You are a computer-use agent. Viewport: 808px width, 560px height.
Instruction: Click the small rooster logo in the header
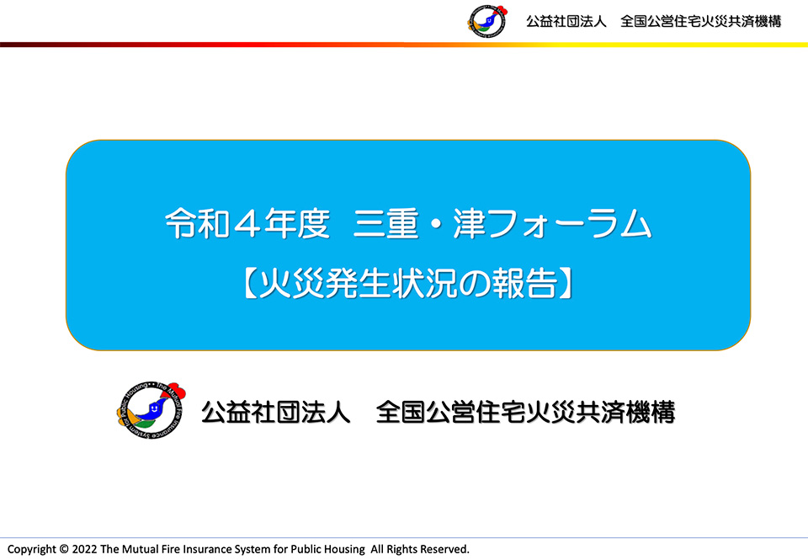click(x=487, y=21)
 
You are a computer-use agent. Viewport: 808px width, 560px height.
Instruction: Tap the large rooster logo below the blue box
click(x=151, y=410)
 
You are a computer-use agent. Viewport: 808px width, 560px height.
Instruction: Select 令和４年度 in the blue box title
click(x=247, y=223)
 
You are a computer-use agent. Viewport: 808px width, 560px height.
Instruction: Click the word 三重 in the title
click(x=385, y=223)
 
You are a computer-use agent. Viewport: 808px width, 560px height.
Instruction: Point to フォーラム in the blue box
click(x=570, y=223)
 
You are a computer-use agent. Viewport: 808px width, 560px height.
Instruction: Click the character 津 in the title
click(x=470, y=223)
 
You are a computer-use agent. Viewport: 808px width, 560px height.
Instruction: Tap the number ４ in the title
click(x=247, y=223)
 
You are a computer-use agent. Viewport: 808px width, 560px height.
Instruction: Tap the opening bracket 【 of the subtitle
click(x=250, y=283)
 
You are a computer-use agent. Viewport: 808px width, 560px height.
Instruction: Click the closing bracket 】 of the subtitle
click(x=566, y=283)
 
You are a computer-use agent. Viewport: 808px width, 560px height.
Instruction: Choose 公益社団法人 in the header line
click(x=566, y=22)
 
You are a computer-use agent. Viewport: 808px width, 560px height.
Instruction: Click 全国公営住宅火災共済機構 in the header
click(x=701, y=22)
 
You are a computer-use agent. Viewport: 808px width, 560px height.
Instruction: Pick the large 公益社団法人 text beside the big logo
click(x=276, y=412)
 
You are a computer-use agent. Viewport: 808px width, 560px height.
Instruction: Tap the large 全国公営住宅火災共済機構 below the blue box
click(x=525, y=412)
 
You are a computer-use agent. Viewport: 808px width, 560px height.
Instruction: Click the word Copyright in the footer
click(x=31, y=550)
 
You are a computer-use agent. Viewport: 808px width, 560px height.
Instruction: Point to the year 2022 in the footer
click(x=84, y=549)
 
